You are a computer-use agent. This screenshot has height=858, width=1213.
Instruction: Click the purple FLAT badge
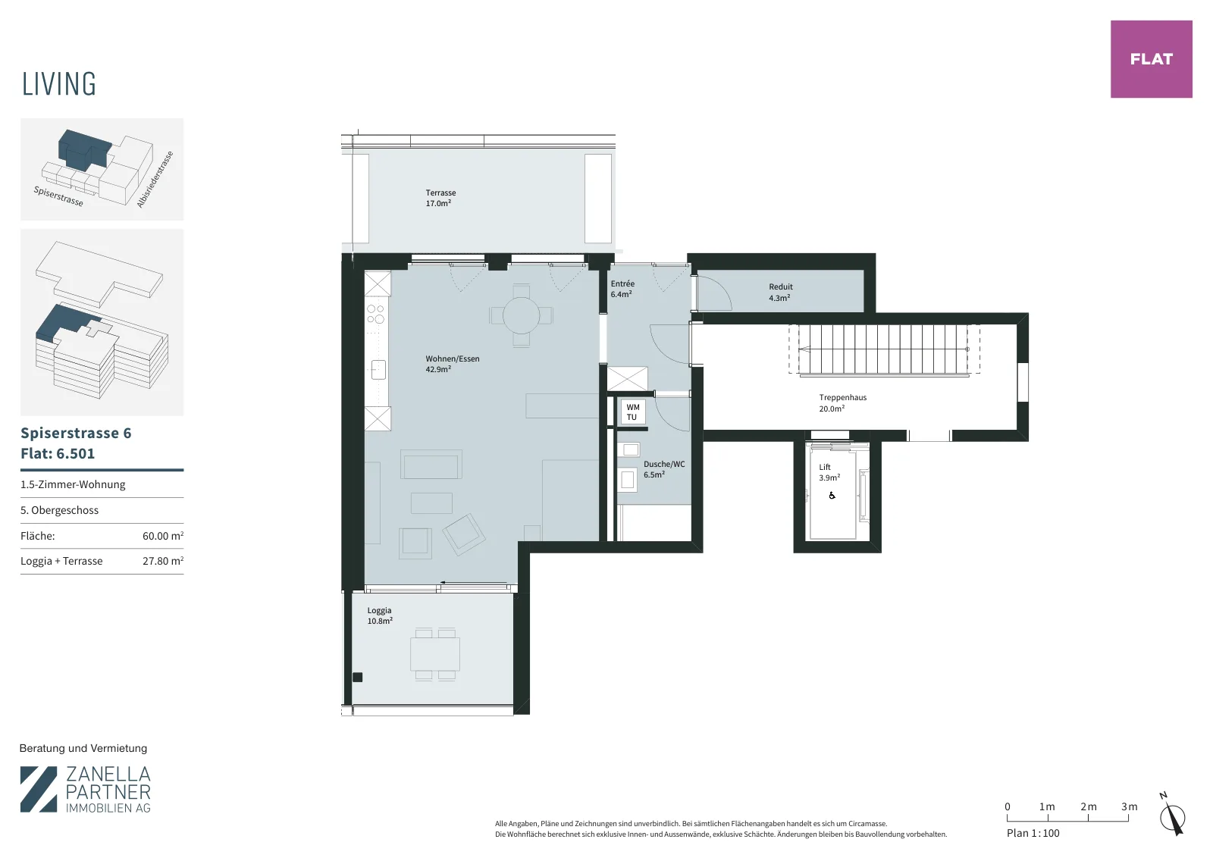tap(1152, 59)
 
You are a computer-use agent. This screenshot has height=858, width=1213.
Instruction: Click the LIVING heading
tap(59, 84)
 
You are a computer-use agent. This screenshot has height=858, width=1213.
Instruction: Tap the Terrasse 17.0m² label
tap(440, 198)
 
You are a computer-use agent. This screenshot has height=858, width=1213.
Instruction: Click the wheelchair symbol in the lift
tap(832, 495)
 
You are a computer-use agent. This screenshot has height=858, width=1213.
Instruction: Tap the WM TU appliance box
tap(632, 412)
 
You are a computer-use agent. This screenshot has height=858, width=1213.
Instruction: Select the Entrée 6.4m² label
tap(622, 289)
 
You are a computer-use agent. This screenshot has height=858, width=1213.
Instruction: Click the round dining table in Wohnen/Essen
tap(521, 315)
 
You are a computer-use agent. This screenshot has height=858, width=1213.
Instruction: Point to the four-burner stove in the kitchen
tap(376, 315)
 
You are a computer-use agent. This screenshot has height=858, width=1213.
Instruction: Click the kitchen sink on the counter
tap(378, 370)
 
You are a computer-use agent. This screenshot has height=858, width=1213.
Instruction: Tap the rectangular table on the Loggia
tap(435, 654)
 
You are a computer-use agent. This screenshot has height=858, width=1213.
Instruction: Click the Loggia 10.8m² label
tap(380, 616)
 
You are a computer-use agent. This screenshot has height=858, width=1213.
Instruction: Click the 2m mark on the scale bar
tap(1089, 806)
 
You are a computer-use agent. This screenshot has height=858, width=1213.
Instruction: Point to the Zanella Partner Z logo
tap(39, 789)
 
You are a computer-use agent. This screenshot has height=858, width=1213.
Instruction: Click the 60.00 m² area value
tap(163, 536)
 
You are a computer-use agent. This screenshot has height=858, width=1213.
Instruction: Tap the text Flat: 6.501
tap(58, 453)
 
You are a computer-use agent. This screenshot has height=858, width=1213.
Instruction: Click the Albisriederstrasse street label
tap(155, 179)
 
